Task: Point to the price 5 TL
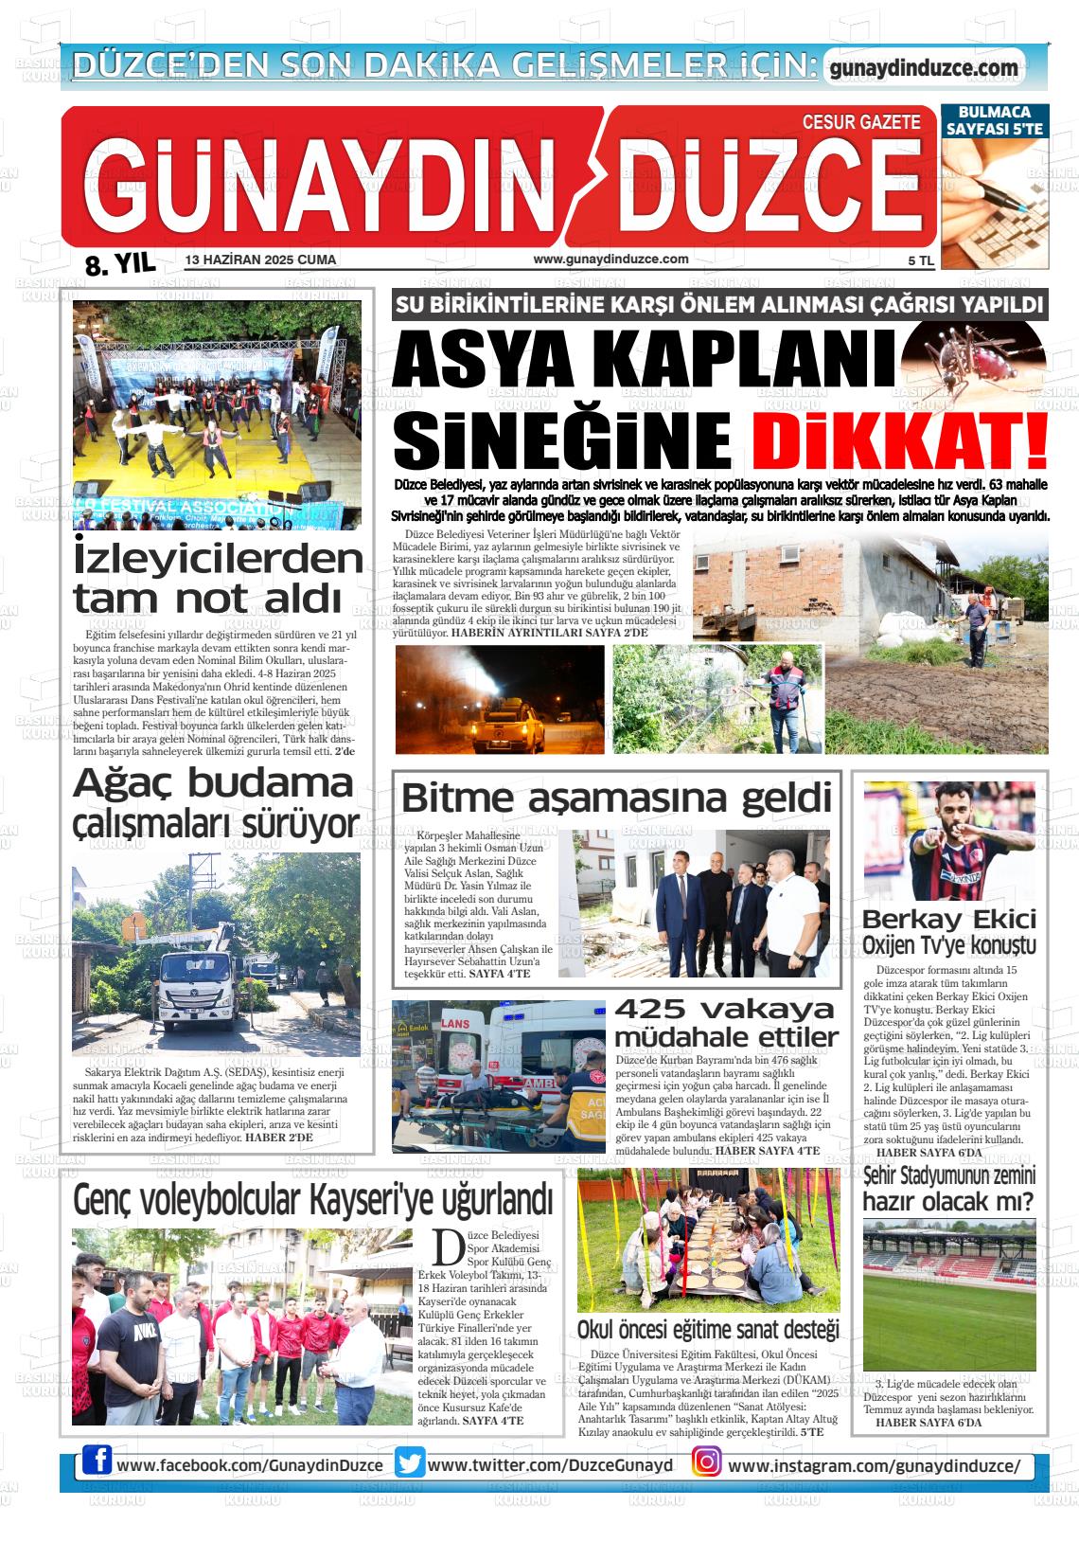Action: [x=920, y=260]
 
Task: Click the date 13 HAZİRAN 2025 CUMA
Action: [x=261, y=260]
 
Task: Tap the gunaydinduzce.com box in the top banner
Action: [x=923, y=68]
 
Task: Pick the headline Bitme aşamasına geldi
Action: [x=616, y=798]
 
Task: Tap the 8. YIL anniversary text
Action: [x=119, y=263]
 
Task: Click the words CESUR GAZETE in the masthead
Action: [x=861, y=122]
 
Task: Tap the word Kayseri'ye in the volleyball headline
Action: [x=370, y=1201]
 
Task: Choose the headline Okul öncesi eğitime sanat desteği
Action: [x=708, y=1330]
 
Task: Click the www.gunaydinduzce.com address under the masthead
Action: [x=610, y=260]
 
